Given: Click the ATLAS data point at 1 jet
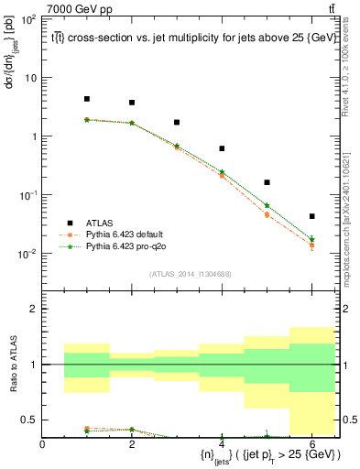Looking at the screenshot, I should pyautogui.click(x=87, y=99).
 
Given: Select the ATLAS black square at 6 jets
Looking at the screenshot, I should pyautogui.click(x=311, y=216).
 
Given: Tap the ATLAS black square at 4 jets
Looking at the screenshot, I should pyautogui.click(x=222, y=148).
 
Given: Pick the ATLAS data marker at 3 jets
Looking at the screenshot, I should pyautogui.click(x=177, y=122).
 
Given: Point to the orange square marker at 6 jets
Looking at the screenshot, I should pyautogui.click(x=311, y=245).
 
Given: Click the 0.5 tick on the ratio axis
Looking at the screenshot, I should pyautogui.click(x=30, y=420).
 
